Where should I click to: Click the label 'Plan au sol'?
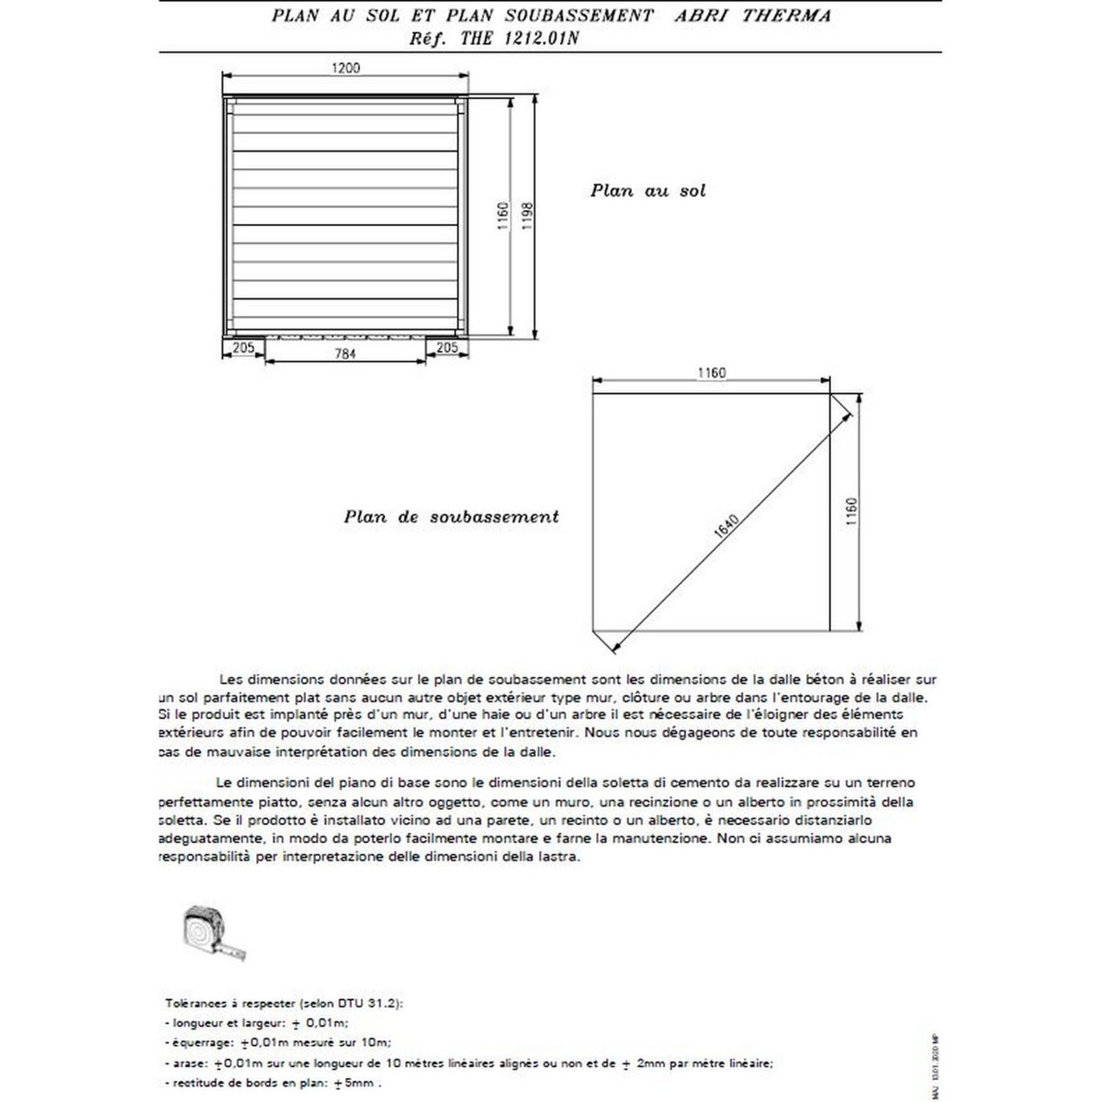[647, 192]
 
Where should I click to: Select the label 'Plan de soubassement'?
[451, 516]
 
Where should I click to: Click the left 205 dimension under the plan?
[243, 348]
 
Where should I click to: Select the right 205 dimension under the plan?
[447, 348]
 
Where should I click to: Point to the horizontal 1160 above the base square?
[711, 373]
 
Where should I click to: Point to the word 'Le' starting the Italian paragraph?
[222, 782]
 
